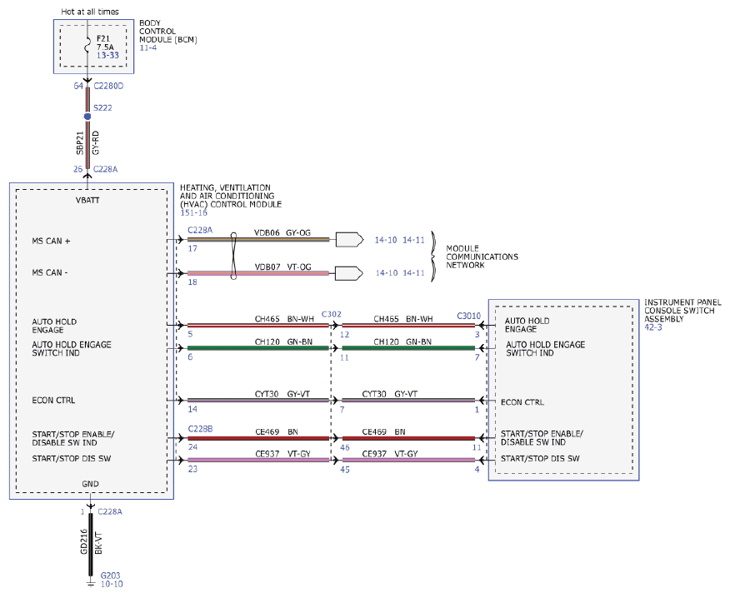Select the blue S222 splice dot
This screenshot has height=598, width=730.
pyautogui.click(x=87, y=117)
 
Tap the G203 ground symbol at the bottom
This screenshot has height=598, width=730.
pyautogui.click(x=90, y=583)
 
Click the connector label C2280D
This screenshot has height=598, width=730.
pyautogui.click(x=108, y=86)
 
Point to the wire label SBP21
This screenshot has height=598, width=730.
pyautogui.click(x=80, y=143)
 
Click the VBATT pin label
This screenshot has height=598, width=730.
pyautogui.click(x=87, y=201)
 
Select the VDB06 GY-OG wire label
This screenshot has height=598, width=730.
pyautogui.click(x=282, y=232)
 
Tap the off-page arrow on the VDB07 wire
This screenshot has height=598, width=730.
pyautogui.click(x=349, y=273)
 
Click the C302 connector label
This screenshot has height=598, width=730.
pyautogui.click(x=332, y=314)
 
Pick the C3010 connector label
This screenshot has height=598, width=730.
pyautogui.click(x=469, y=316)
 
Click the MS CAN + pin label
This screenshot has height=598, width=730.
pyautogui.click(x=51, y=241)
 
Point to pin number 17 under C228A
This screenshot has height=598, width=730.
pyautogui.click(x=192, y=248)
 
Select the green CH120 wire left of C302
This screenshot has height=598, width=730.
pyautogui.click(x=258, y=348)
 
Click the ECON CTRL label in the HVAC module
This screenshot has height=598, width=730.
pyautogui.click(x=53, y=401)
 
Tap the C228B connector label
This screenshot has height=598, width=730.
pyautogui.click(x=200, y=429)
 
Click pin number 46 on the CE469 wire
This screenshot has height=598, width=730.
pyautogui.click(x=345, y=448)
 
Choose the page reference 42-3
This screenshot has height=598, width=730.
pyautogui.click(x=653, y=327)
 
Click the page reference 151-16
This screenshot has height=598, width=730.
pyautogui.click(x=193, y=212)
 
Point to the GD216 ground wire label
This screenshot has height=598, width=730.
pyautogui.click(x=84, y=541)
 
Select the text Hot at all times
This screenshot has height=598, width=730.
pyautogui.click(x=90, y=12)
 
